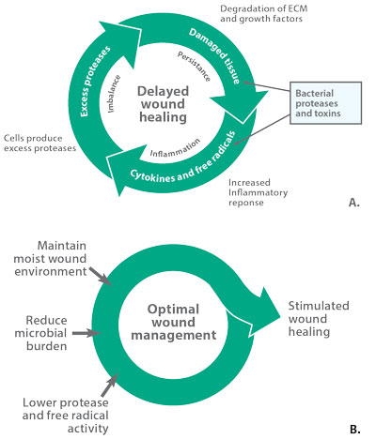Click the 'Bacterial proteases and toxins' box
point(325,103)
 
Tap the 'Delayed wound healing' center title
point(163,104)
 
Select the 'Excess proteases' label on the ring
point(95,82)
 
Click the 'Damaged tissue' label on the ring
point(215,55)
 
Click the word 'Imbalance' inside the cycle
point(114,94)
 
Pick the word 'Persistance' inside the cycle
point(194,67)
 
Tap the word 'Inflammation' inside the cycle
point(175,148)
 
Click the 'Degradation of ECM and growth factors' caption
point(263,13)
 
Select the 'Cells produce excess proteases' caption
point(39,143)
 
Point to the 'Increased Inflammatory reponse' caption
point(258,192)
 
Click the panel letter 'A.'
point(354,203)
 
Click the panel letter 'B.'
point(354,430)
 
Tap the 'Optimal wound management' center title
point(173,322)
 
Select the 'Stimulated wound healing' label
point(319,319)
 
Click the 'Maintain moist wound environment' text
point(50,258)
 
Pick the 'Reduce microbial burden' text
point(40,333)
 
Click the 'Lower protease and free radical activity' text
point(66,416)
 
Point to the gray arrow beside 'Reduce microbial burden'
point(86,333)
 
